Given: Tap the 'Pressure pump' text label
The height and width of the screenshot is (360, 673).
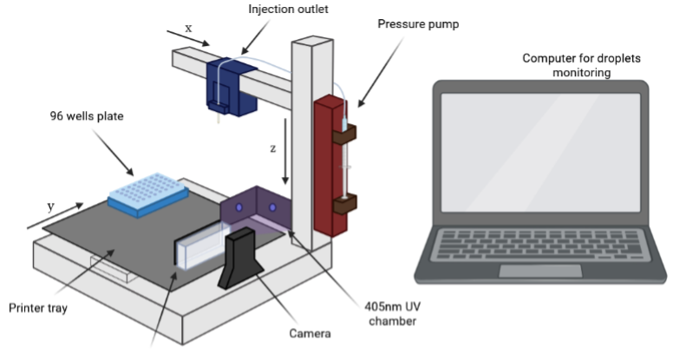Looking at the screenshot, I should (417, 24).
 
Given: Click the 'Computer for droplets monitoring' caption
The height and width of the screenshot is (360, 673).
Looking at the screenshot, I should (567, 66).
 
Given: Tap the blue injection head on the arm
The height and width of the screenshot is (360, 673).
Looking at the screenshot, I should (229, 83).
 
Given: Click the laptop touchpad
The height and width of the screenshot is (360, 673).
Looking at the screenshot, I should (540, 270).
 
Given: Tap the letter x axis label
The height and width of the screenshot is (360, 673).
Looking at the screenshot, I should (188, 28).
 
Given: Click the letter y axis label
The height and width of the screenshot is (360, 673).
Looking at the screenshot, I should (51, 206).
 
